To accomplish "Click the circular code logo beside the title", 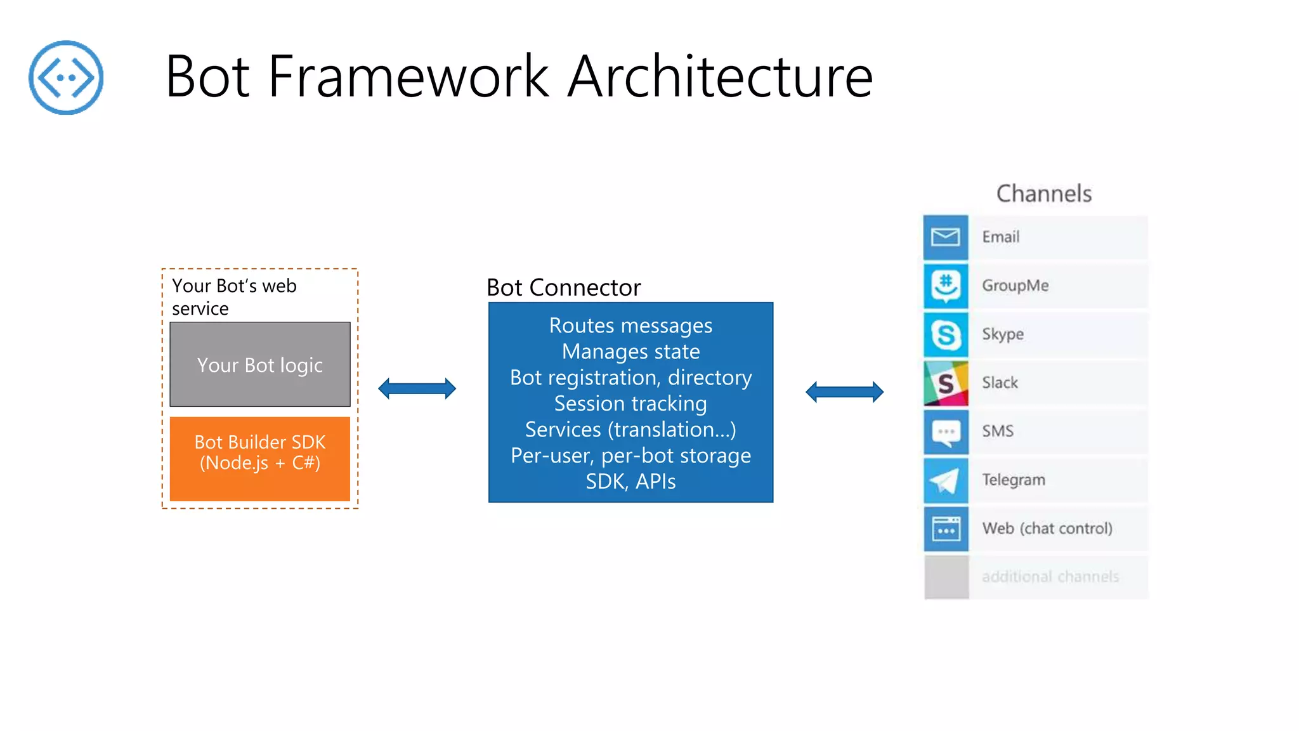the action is coord(66,77).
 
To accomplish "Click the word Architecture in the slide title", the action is coord(721,76).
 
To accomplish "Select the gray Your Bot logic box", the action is coord(260,364).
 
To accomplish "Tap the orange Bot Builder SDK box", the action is coord(260,459).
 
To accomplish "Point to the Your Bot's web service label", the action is coord(234,297).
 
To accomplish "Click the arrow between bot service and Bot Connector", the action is coord(417,388).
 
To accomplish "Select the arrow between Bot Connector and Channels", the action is coord(844,392).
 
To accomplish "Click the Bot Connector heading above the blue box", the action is coord(564,287).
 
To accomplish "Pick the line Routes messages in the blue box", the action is coord(631,326).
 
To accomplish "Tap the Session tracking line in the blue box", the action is coord(630,404).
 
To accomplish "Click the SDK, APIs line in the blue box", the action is coord(630,482).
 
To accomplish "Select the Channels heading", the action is coord(1044,194).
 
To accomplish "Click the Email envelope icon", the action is coord(946,237).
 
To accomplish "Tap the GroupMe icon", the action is coord(946,286).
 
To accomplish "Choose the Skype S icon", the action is coord(946,334).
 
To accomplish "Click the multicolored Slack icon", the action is coord(946,383).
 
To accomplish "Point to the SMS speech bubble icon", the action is coord(946,432).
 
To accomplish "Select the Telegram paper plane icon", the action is coord(946,480).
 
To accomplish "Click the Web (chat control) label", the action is coord(1047,529).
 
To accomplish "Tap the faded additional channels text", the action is coord(1050,577).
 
